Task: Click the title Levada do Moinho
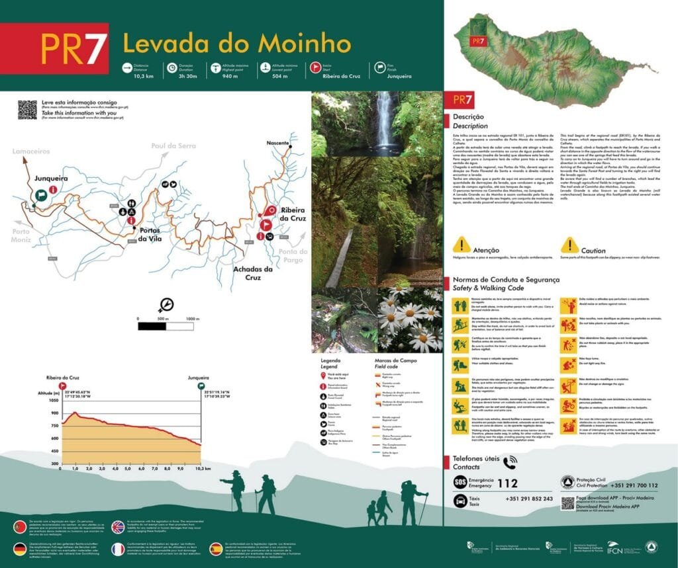tap(236, 44)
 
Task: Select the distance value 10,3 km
tap(142, 77)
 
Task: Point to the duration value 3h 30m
tap(187, 77)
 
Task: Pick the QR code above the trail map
tap(27, 110)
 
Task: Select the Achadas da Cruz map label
tap(253, 273)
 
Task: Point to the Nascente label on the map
tap(277, 143)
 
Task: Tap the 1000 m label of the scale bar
tap(192, 319)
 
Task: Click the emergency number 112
tap(507, 483)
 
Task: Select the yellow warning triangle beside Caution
tap(570, 246)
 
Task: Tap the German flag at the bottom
tap(20, 548)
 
